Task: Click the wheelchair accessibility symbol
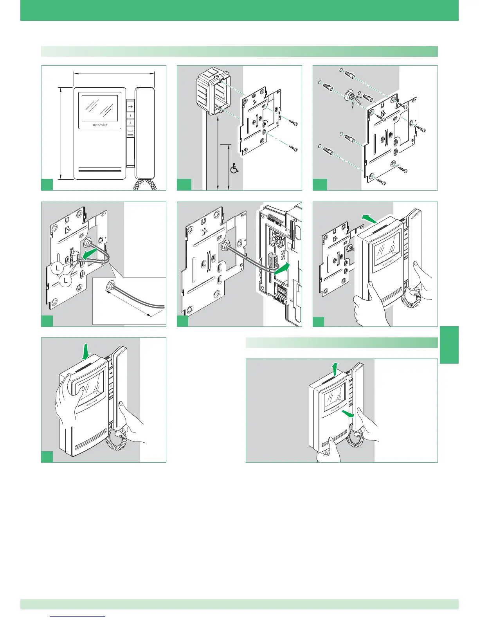click(234, 169)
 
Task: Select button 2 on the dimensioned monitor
click(130, 123)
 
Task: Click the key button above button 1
click(130, 109)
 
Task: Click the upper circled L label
click(58, 268)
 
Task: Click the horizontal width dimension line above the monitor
click(114, 72)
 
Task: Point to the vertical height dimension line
click(61, 133)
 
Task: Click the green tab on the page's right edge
click(449, 345)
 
